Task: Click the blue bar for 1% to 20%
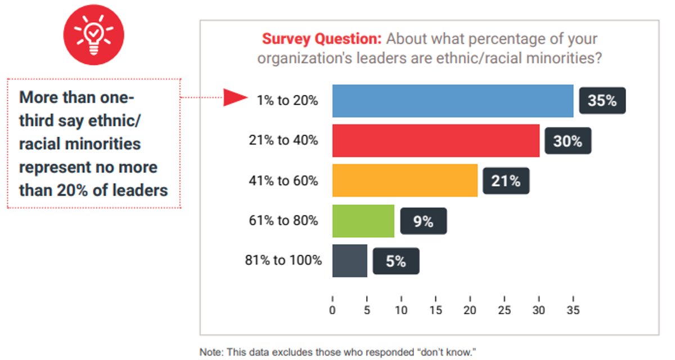pos(453,101)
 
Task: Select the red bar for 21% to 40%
pos(436,141)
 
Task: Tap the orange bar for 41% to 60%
pos(405,181)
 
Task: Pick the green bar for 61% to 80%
pos(363,221)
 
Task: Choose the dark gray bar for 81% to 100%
pos(350,261)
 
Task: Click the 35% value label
pos(602,101)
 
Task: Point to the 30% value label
pos(568,141)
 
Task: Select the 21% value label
pos(506,181)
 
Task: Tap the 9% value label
pos(423,222)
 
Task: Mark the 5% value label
pos(395,262)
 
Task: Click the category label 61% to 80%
pos(283,220)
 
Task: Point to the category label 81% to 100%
pos(283,260)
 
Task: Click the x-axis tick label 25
pos(505,309)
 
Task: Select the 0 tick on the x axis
pos(332,309)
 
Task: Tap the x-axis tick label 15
pos(435,309)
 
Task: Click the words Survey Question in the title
pos(322,40)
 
